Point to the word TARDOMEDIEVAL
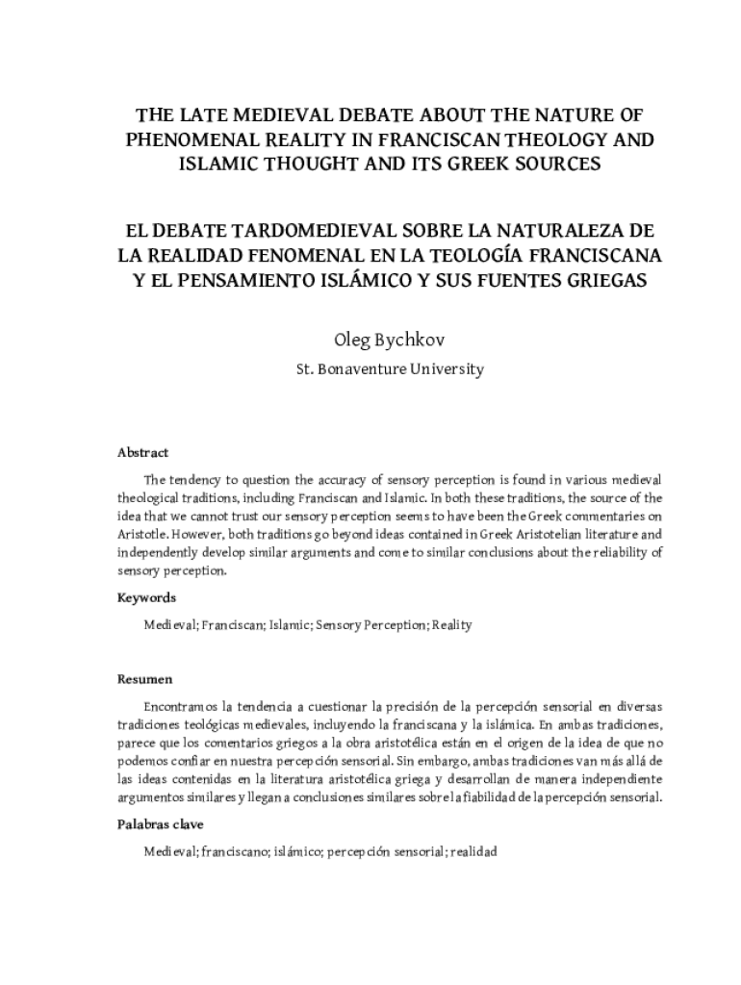click(287, 235)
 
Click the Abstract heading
click(142, 452)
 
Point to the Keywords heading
click(146, 598)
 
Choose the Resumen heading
click(144, 680)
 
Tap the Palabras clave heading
click(160, 825)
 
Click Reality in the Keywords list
click(451, 625)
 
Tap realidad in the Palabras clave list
click(473, 852)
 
